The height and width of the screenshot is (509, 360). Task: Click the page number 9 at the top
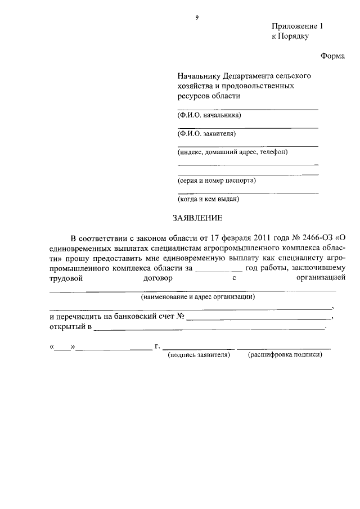coord(197,17)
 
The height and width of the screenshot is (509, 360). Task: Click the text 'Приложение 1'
coord(298,26)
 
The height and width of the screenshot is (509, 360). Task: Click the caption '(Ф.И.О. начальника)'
coord(209,115)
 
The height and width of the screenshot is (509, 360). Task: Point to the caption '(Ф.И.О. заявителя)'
coord(206,134)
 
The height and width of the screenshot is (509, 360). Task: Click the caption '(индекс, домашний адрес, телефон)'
coord(232,152)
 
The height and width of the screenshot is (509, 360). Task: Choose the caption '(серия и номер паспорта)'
coord(217,181)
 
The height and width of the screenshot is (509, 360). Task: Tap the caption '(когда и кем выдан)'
coord(209,199)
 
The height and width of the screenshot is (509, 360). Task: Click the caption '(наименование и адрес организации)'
coord(198,297)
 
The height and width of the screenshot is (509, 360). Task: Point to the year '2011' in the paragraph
coord(264,237)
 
